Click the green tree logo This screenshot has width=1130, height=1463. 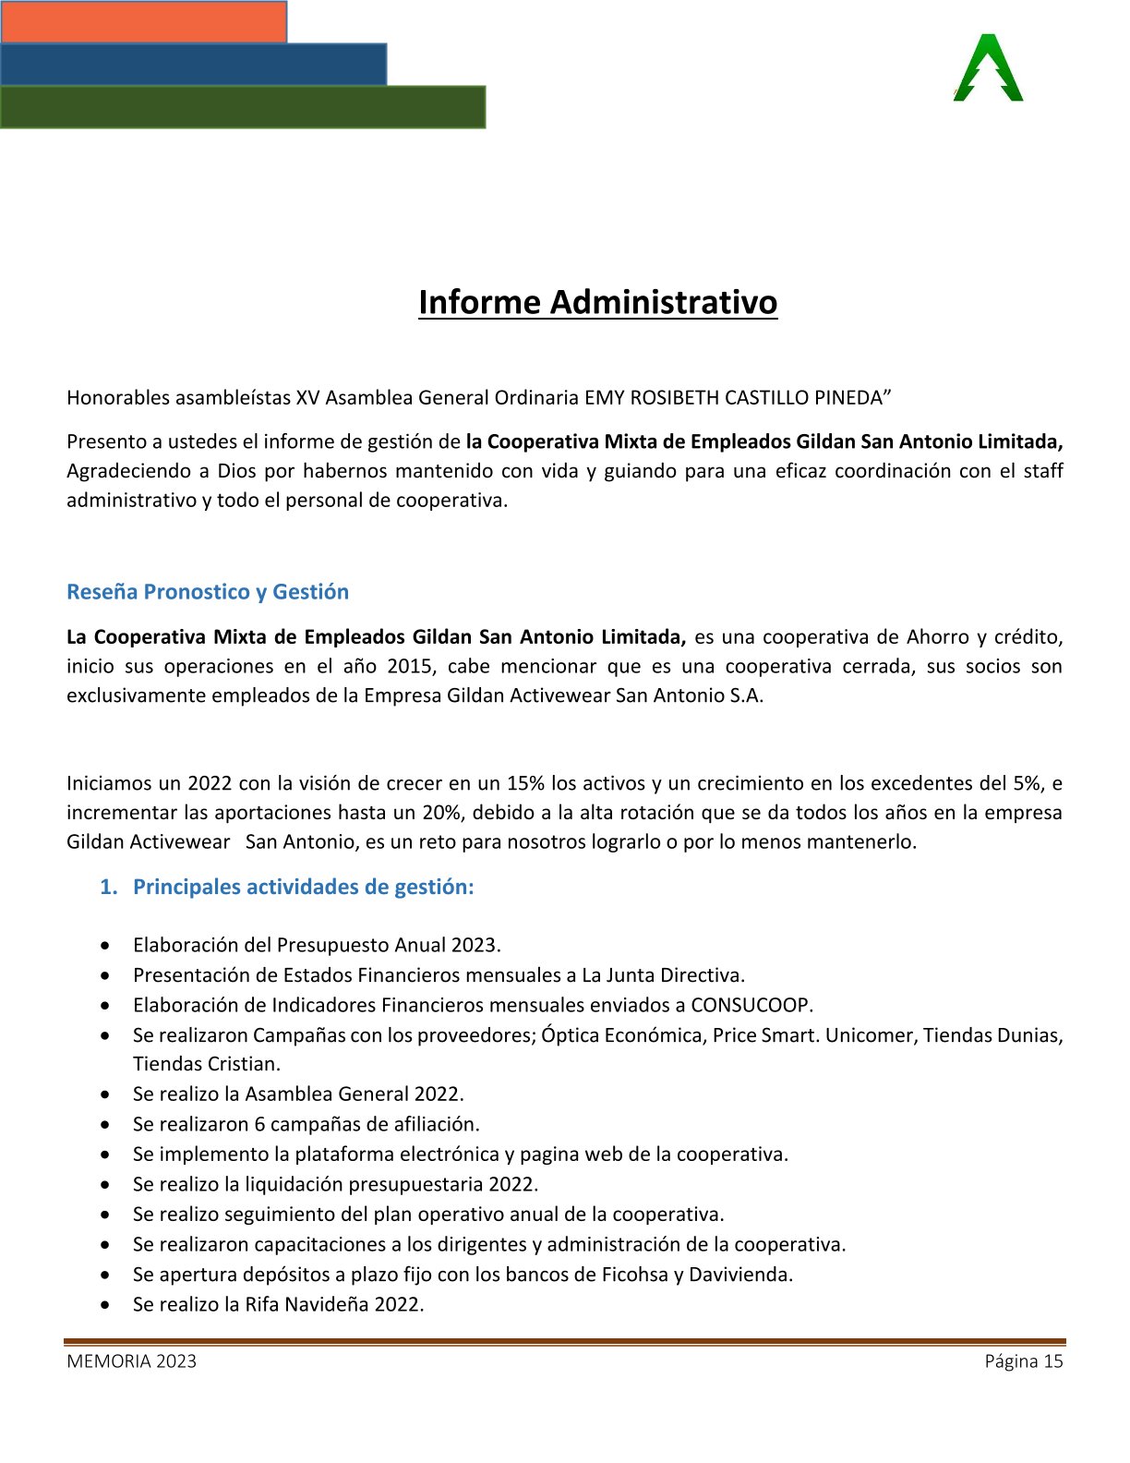988,68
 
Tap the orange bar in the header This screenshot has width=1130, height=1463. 143,21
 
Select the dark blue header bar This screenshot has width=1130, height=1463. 193,64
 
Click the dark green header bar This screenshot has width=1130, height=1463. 242,107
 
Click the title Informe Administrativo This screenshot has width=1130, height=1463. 597,302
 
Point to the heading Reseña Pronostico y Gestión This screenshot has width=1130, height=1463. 208,592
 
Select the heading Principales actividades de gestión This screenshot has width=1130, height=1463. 303,887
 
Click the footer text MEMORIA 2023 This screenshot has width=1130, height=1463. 131,1360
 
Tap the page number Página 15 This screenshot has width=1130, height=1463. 1023,1360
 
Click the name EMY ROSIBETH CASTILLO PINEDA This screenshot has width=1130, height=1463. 733,398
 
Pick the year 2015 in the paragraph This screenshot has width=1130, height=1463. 409,666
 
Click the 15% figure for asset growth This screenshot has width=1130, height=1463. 525,783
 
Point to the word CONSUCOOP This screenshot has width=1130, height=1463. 751,1005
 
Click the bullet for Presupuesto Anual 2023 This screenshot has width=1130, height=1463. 110,946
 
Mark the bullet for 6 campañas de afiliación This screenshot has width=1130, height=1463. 110,1125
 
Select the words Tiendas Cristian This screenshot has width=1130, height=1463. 206,1064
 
